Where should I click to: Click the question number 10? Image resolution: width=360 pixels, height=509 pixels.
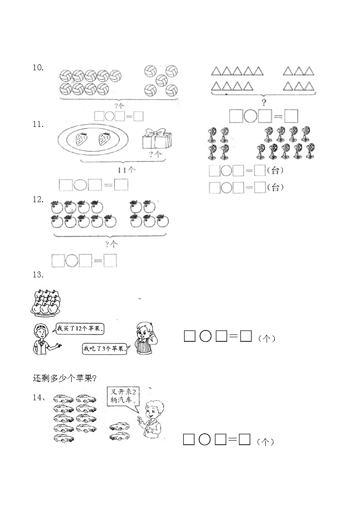[x=38, y=68]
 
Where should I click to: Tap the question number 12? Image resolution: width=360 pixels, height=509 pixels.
[x=38, y=199]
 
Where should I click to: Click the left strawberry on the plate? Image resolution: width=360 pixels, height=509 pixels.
[x=82, y=139]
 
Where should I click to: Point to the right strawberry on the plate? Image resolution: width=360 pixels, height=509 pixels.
[x=104, y=139]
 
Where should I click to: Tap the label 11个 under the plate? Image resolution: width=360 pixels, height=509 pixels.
[x=127, y=169]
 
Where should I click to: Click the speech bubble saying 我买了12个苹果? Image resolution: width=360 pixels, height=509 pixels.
[x=81, y=330]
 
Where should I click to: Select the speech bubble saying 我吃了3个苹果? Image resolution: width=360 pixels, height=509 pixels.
[x=105, y=349]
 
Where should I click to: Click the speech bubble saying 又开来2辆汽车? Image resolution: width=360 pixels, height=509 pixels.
[x=123, y=396]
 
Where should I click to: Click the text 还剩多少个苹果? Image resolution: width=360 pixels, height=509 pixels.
[x=64, y=378]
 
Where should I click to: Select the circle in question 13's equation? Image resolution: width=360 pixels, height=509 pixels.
[x=205, y=336]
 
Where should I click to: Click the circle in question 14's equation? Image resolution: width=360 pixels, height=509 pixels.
[x=204, y=440]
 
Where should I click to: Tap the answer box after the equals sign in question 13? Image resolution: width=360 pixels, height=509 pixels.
[x=246, y=336]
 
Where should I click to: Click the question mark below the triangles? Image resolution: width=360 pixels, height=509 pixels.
[x=264, y=102]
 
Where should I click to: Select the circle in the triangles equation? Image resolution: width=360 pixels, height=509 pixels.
[x=250, y=116]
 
